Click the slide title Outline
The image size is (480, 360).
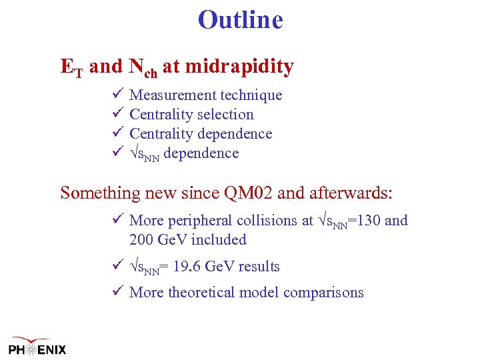pos(240,20)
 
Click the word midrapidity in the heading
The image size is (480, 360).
pos(239,67)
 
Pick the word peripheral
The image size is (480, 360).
pos(197,221)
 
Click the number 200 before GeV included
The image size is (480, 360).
pos(141,240)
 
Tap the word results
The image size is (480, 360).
pos(256,267)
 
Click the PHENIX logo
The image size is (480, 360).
pos(37,345)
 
